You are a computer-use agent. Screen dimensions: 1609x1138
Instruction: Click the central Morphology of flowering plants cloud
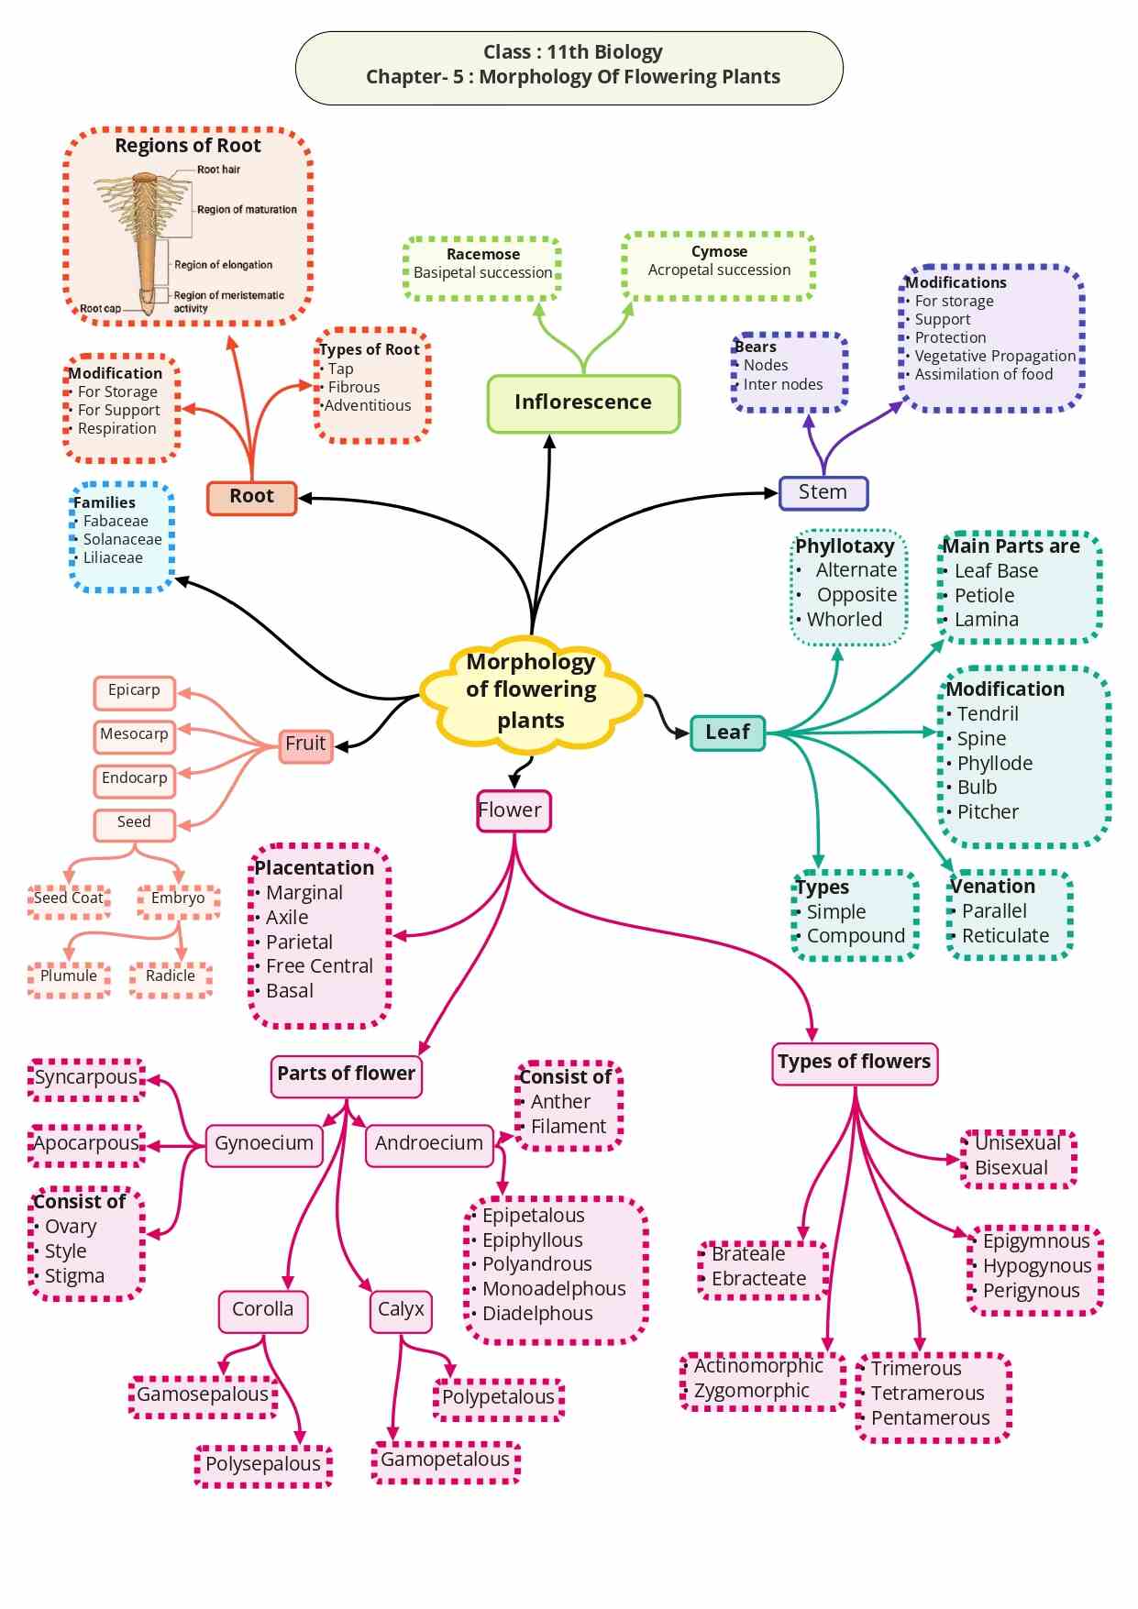pos(531,690)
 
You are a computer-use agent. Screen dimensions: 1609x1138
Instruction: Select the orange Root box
pos(252,497)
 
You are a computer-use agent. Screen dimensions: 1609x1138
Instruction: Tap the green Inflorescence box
pos(583,402)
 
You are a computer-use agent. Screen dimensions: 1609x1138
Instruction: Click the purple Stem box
pos(823,492)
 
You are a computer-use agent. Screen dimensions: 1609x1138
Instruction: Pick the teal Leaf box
pos(727,733)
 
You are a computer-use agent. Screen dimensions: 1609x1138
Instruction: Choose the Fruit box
pos(305,744)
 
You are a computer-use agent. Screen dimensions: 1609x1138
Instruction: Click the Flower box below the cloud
pos(513,810)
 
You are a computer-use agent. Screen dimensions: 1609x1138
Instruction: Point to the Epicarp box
pos(134,690)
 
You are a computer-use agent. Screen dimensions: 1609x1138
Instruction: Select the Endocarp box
pos(134,778)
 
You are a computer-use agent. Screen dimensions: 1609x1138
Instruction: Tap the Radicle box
pos(171,976)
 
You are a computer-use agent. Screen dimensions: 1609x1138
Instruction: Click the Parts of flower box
pos(346,1074)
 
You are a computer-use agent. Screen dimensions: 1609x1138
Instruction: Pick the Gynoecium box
pos(264,1143)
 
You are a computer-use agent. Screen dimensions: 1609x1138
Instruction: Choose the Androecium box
pos(428,1143)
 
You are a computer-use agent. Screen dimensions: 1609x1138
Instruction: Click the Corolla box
pos(263,1309)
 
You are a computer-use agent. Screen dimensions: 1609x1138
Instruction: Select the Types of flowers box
pos(854,1062)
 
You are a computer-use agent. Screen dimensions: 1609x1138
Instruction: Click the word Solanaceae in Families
pos(123,540)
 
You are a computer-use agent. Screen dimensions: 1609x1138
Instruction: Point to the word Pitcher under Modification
pos(988,812)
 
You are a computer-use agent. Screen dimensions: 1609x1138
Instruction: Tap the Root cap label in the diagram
pos(100,309)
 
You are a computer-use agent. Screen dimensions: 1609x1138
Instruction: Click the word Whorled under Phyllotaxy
pos(845,620)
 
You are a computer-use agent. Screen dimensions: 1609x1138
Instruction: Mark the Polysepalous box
pos(263,1464)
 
